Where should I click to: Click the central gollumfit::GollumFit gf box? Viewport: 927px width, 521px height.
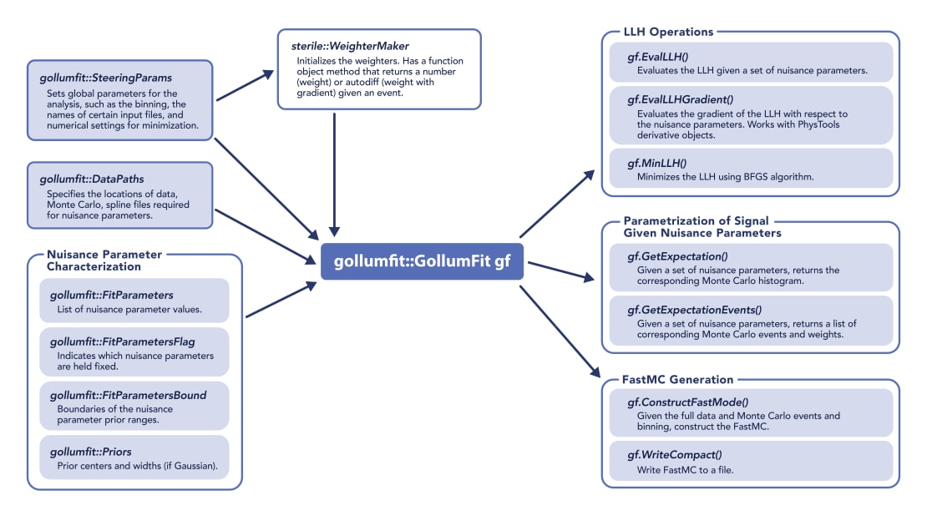pos(423,261)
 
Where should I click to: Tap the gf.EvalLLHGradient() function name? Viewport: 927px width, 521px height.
pos(686,99)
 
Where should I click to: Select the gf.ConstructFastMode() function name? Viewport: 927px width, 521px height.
pos(689,402)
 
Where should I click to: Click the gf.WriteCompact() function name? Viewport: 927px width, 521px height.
pos(675,455)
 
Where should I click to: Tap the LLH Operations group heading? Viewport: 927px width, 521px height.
pos(668,33)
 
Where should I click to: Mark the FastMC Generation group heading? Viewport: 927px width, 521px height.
pos(677,380)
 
